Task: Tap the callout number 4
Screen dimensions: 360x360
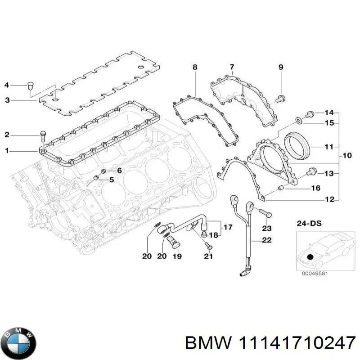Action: (x=6, y=85)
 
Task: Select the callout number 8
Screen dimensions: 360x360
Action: (x=195, y=67)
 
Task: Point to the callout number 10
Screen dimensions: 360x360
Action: (x=347, y=156)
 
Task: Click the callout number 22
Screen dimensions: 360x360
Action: (x=267, y=240)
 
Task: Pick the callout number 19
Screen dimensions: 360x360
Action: (x=177, y=256)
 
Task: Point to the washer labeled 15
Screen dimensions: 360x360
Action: (x=299, y=121)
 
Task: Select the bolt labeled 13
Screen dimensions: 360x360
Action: (x=311, y=171)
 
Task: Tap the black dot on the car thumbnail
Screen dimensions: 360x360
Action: (x=309, y=257)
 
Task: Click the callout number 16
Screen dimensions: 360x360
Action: (x=316, y=188)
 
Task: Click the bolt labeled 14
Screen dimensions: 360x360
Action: (x=310, y=113)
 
